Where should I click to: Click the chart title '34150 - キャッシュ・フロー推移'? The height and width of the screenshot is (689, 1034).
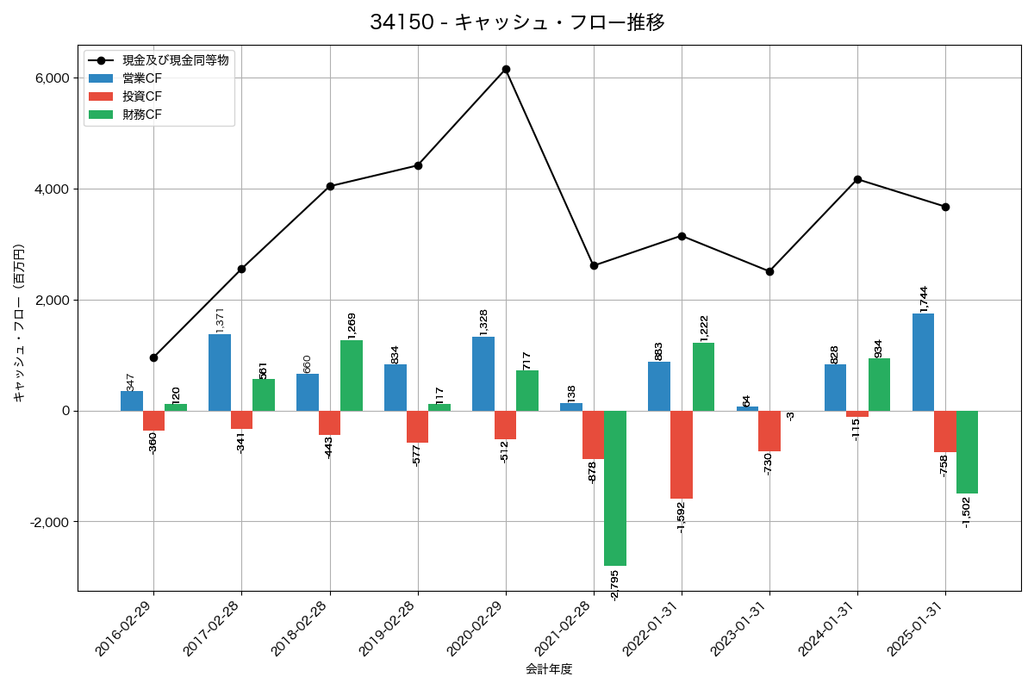click(517, 22)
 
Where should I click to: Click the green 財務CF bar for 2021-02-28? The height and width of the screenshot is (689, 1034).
click(615, 487)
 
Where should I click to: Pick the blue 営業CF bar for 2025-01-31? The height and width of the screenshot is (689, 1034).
click(923, 362)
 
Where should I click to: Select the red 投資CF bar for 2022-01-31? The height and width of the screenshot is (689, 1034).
click(682, 455)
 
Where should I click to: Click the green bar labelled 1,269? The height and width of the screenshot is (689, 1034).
click(352, 376)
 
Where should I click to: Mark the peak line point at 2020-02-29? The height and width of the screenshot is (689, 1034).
click(506, 69)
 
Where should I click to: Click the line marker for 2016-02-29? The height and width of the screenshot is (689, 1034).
click(153, 357)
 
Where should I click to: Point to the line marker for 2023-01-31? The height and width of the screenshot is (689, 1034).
click(769, 271)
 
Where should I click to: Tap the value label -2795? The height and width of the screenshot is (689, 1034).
click(614, 585)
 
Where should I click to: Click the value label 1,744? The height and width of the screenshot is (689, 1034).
click(924, 296)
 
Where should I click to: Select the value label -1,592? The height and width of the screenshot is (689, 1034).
click(681, 517)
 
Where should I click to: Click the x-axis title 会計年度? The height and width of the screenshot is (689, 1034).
click(549, 669)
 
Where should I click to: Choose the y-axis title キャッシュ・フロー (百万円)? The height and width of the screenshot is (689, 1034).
click(18, 323)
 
